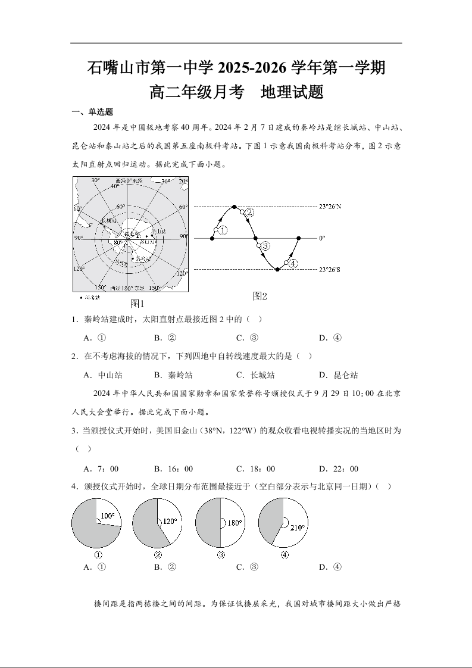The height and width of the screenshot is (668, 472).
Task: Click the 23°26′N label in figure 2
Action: (330, 207)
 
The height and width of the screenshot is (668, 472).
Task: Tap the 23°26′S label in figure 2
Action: (330, 270)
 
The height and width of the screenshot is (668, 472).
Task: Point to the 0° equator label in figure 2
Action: (322, 238)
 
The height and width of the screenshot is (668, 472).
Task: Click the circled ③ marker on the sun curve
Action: (265, 245)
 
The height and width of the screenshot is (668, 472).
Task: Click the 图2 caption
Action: (260, 296)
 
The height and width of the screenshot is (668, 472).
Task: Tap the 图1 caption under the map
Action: (137, 303)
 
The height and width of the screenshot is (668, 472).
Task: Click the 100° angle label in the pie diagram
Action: (107, 516)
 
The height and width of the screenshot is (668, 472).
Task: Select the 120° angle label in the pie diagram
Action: (170, 522)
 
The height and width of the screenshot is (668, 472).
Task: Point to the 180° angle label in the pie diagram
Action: (235, 523)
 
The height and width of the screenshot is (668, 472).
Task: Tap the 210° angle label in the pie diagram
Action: (298, 527)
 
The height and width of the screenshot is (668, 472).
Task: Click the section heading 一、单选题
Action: (92, 112)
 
